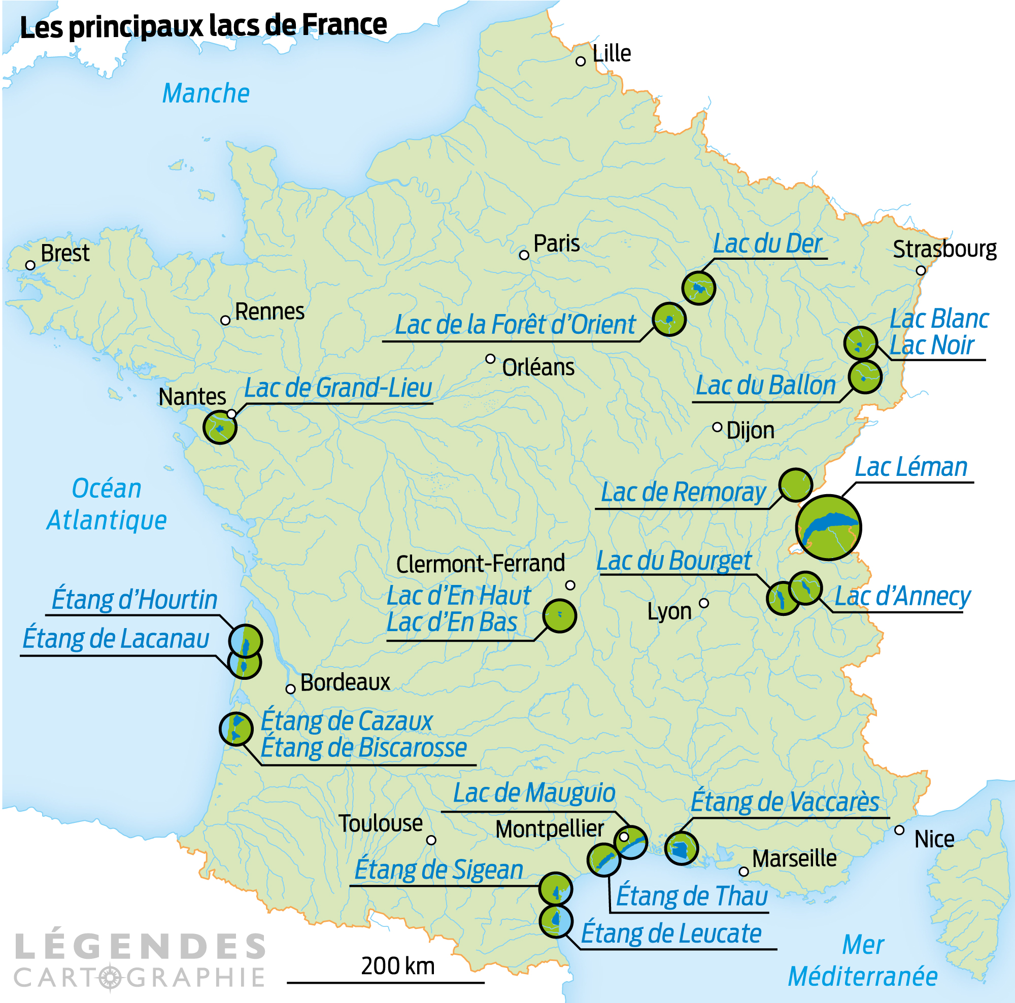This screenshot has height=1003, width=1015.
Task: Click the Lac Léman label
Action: [910, 467]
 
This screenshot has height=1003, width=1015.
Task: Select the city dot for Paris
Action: [524, 255]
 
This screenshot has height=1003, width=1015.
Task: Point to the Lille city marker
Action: [581, 61]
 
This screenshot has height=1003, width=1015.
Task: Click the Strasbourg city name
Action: [944, 249]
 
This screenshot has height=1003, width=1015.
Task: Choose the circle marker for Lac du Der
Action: [698, 288]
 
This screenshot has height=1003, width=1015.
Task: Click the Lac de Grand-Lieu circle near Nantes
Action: [220, 428]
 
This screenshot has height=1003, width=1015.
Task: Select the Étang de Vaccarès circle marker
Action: [681, 848]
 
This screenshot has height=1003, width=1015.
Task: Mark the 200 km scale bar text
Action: [398, 966]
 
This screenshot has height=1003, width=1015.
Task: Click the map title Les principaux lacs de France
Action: [204, 26]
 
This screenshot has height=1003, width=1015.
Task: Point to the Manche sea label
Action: [206, 93]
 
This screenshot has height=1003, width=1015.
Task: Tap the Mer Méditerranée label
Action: [863, 961]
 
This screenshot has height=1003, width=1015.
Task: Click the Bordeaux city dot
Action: [290, 689]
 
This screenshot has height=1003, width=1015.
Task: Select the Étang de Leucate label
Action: [671, 933]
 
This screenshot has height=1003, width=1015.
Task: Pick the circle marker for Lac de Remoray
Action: [795, 485]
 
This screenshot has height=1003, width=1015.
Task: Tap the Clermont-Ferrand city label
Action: [480, 564]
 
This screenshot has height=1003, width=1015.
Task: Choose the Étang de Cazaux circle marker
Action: [236, 729]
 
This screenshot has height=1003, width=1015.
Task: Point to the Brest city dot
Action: [30, 266]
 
